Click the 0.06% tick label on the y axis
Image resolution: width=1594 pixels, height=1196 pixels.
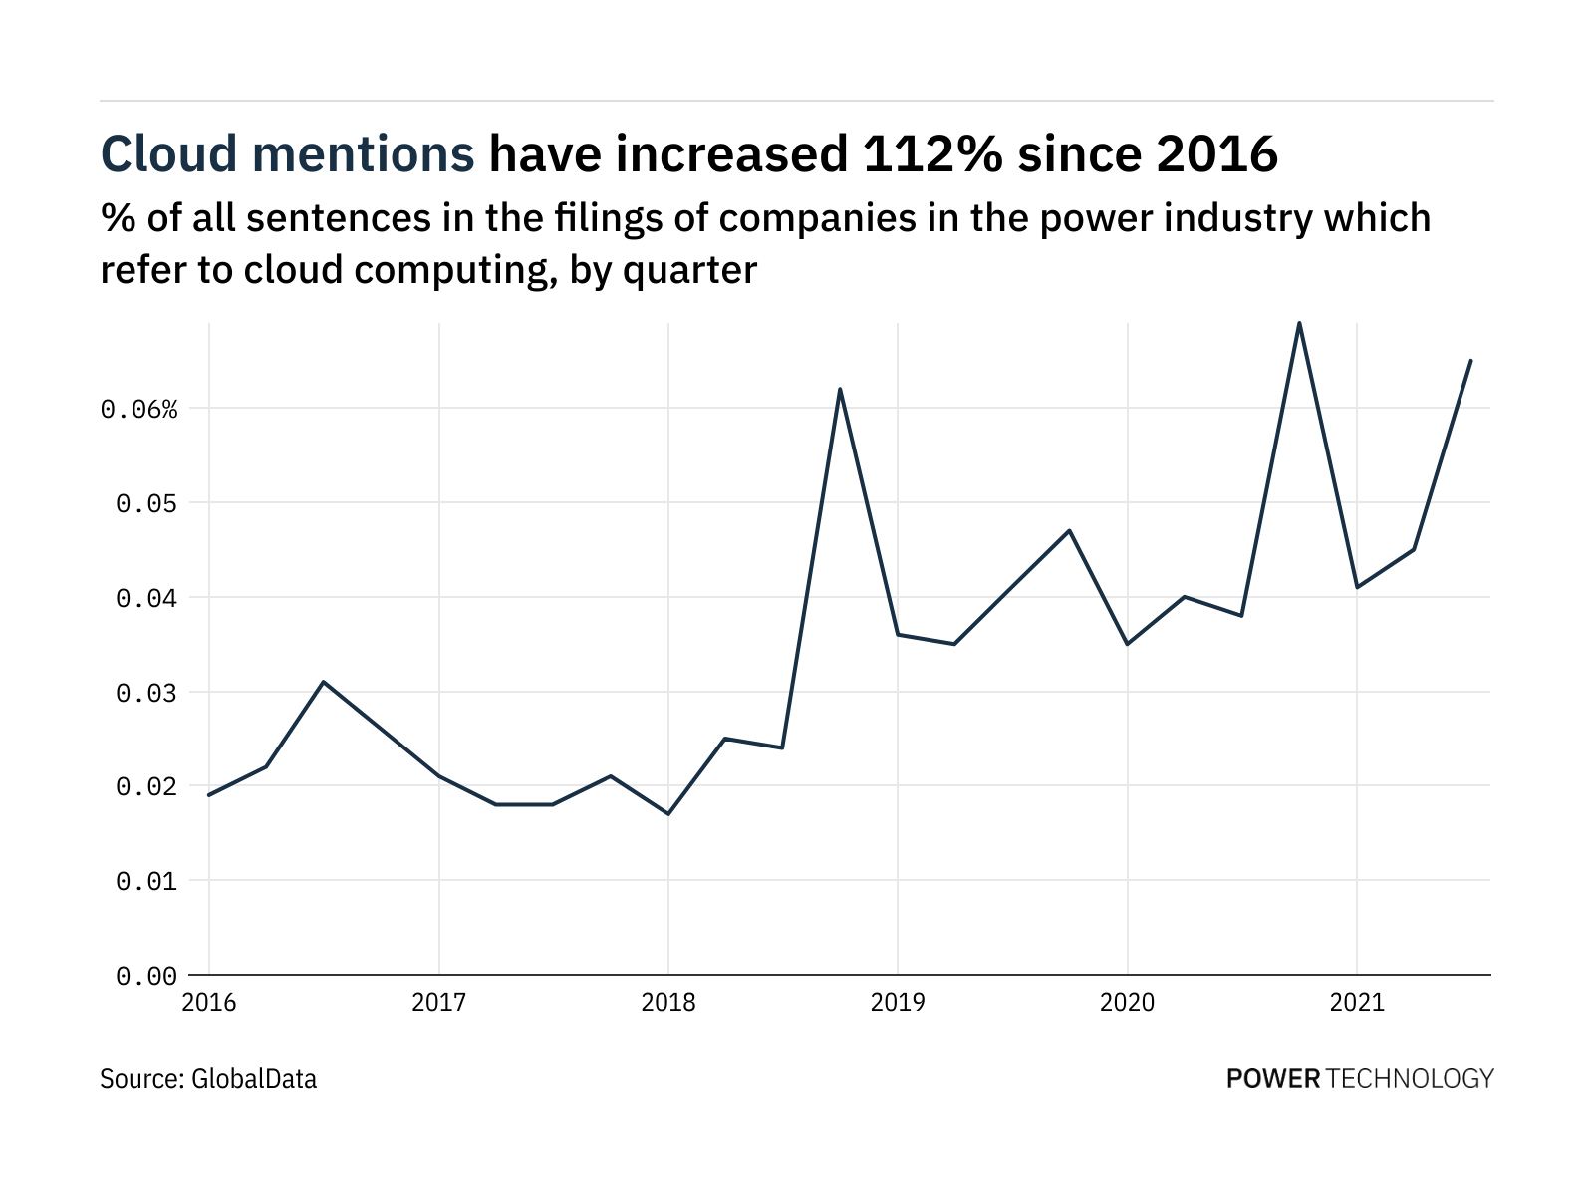(x=138, y=409)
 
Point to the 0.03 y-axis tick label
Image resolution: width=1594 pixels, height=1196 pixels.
(x=146, y=693)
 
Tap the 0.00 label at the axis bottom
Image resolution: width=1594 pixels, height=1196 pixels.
(x=146, y=976)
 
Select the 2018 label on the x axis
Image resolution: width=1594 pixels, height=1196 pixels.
(x=667, y=1002)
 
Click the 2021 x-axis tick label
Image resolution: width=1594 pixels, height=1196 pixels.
(x=1357, y=1002)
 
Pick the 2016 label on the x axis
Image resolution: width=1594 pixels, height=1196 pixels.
(x=209, y=1002)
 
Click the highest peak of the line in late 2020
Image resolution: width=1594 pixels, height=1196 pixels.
(x=1299, y=323)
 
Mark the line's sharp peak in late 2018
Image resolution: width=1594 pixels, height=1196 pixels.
(x=840, y=389)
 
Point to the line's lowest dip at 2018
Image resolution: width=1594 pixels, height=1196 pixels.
(x=667, y=814)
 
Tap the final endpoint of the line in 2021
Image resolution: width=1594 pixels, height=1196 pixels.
(x=1471, y=361)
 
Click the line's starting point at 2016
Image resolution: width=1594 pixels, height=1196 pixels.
(x=209, y=795)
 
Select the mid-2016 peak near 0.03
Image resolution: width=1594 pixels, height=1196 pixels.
(x=324, y=682)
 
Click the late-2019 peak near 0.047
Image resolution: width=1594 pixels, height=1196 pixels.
(x=1069, y=530)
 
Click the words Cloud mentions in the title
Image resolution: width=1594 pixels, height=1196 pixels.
(x=288, y=154)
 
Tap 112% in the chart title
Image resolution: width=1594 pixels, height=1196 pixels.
(x=924, y=154)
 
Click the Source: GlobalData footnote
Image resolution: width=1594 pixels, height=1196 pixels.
(x=208, y=1079)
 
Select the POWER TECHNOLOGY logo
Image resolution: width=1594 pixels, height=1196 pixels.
(x=1360, y=1078)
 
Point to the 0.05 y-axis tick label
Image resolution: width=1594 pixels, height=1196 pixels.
(x=146, y=503)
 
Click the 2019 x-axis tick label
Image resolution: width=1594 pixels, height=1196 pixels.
(x=898, y=1002)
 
